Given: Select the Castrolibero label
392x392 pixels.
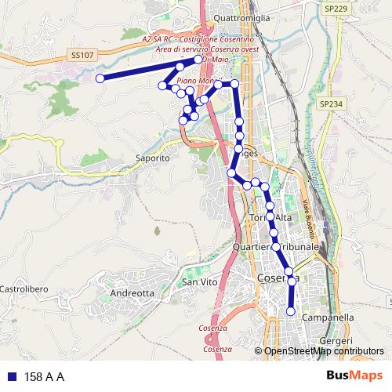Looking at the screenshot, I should (24, 289).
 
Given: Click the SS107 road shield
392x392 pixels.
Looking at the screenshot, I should (82, 56).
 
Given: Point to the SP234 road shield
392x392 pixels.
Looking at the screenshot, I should (331, 103).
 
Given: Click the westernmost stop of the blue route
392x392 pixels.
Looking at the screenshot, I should (100, 78).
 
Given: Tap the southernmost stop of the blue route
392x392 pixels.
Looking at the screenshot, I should (291, 312).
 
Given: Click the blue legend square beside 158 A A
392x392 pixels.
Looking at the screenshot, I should (11, 376).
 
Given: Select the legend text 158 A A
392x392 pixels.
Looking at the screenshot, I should (45, 377).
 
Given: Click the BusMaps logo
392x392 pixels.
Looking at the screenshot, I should (354, 376).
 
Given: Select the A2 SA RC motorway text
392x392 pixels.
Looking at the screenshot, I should (198, 38).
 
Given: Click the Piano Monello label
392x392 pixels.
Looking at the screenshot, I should (196, 81).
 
